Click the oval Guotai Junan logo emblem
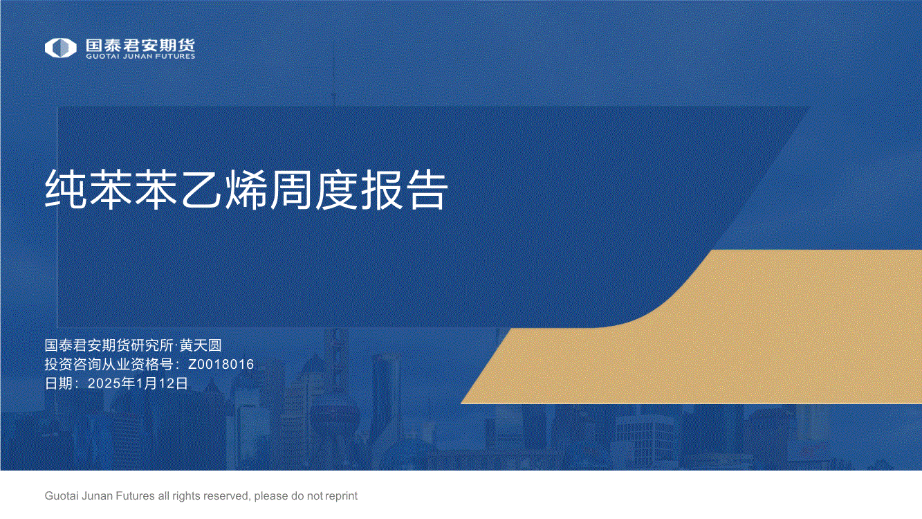[x=60, y=48]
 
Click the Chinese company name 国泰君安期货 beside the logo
[x=140, y=45]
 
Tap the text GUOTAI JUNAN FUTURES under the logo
[x=140, y=56]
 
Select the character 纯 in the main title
[x=66, y=190]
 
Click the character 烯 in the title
[x=246, y=190]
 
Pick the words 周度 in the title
[x=313, y=190]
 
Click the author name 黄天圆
[x=201, y=345]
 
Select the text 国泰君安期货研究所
[x=109, y=345]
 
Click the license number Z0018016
[x=221, y=365]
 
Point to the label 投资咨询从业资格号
[x=109, y=365]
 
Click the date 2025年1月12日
[x=138, y=383]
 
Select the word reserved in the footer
[x=227, y=496]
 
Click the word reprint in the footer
[x=341, y=496]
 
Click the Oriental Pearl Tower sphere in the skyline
[x=334, y=416]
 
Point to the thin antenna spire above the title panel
[x=333, y=72]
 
